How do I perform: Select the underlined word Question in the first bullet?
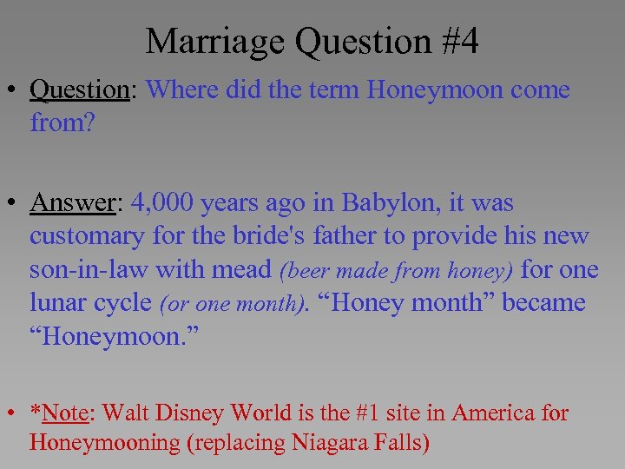point(79,89)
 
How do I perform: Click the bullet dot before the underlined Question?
point(16,90)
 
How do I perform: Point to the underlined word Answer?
point(74,203)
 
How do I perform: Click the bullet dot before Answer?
point(16,204)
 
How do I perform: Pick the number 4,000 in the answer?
point(162,203)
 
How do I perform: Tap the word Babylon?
point(391,203)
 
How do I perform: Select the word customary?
point(89,236)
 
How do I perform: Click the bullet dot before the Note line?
point(16,413)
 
